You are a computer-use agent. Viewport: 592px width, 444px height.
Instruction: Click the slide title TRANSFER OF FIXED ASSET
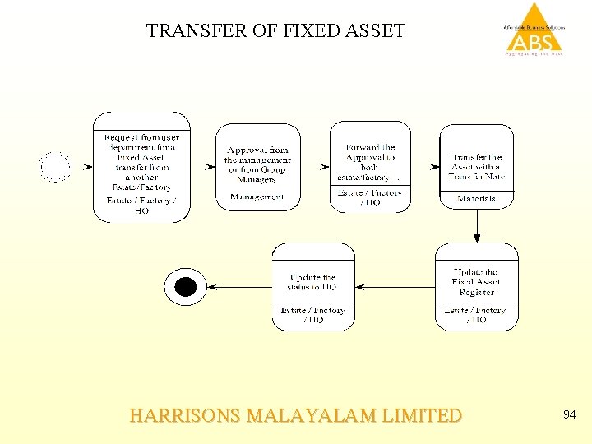click(x=275, y=31)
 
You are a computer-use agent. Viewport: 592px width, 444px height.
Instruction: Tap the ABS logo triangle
click(x=534, y=29)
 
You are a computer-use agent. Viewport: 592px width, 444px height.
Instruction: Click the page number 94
click(x=569, y=415)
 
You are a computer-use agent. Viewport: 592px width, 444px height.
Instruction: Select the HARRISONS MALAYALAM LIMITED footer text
click(x=296, y=416)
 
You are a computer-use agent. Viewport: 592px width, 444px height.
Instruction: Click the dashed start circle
click(x=56, y=167)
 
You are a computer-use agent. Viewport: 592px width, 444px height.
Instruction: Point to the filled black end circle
click(x=186, y=287)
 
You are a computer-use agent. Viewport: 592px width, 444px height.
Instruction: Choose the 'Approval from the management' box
click(x=257, y=165)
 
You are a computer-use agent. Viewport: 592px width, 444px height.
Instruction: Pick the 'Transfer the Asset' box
click(x=476, y=166)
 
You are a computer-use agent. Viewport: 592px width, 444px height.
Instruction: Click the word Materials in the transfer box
click(x=476, y=199)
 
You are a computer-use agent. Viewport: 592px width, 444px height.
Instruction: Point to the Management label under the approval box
click(x=257, y=197)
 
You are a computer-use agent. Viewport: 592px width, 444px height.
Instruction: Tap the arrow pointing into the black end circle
click(x=238, y=287)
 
